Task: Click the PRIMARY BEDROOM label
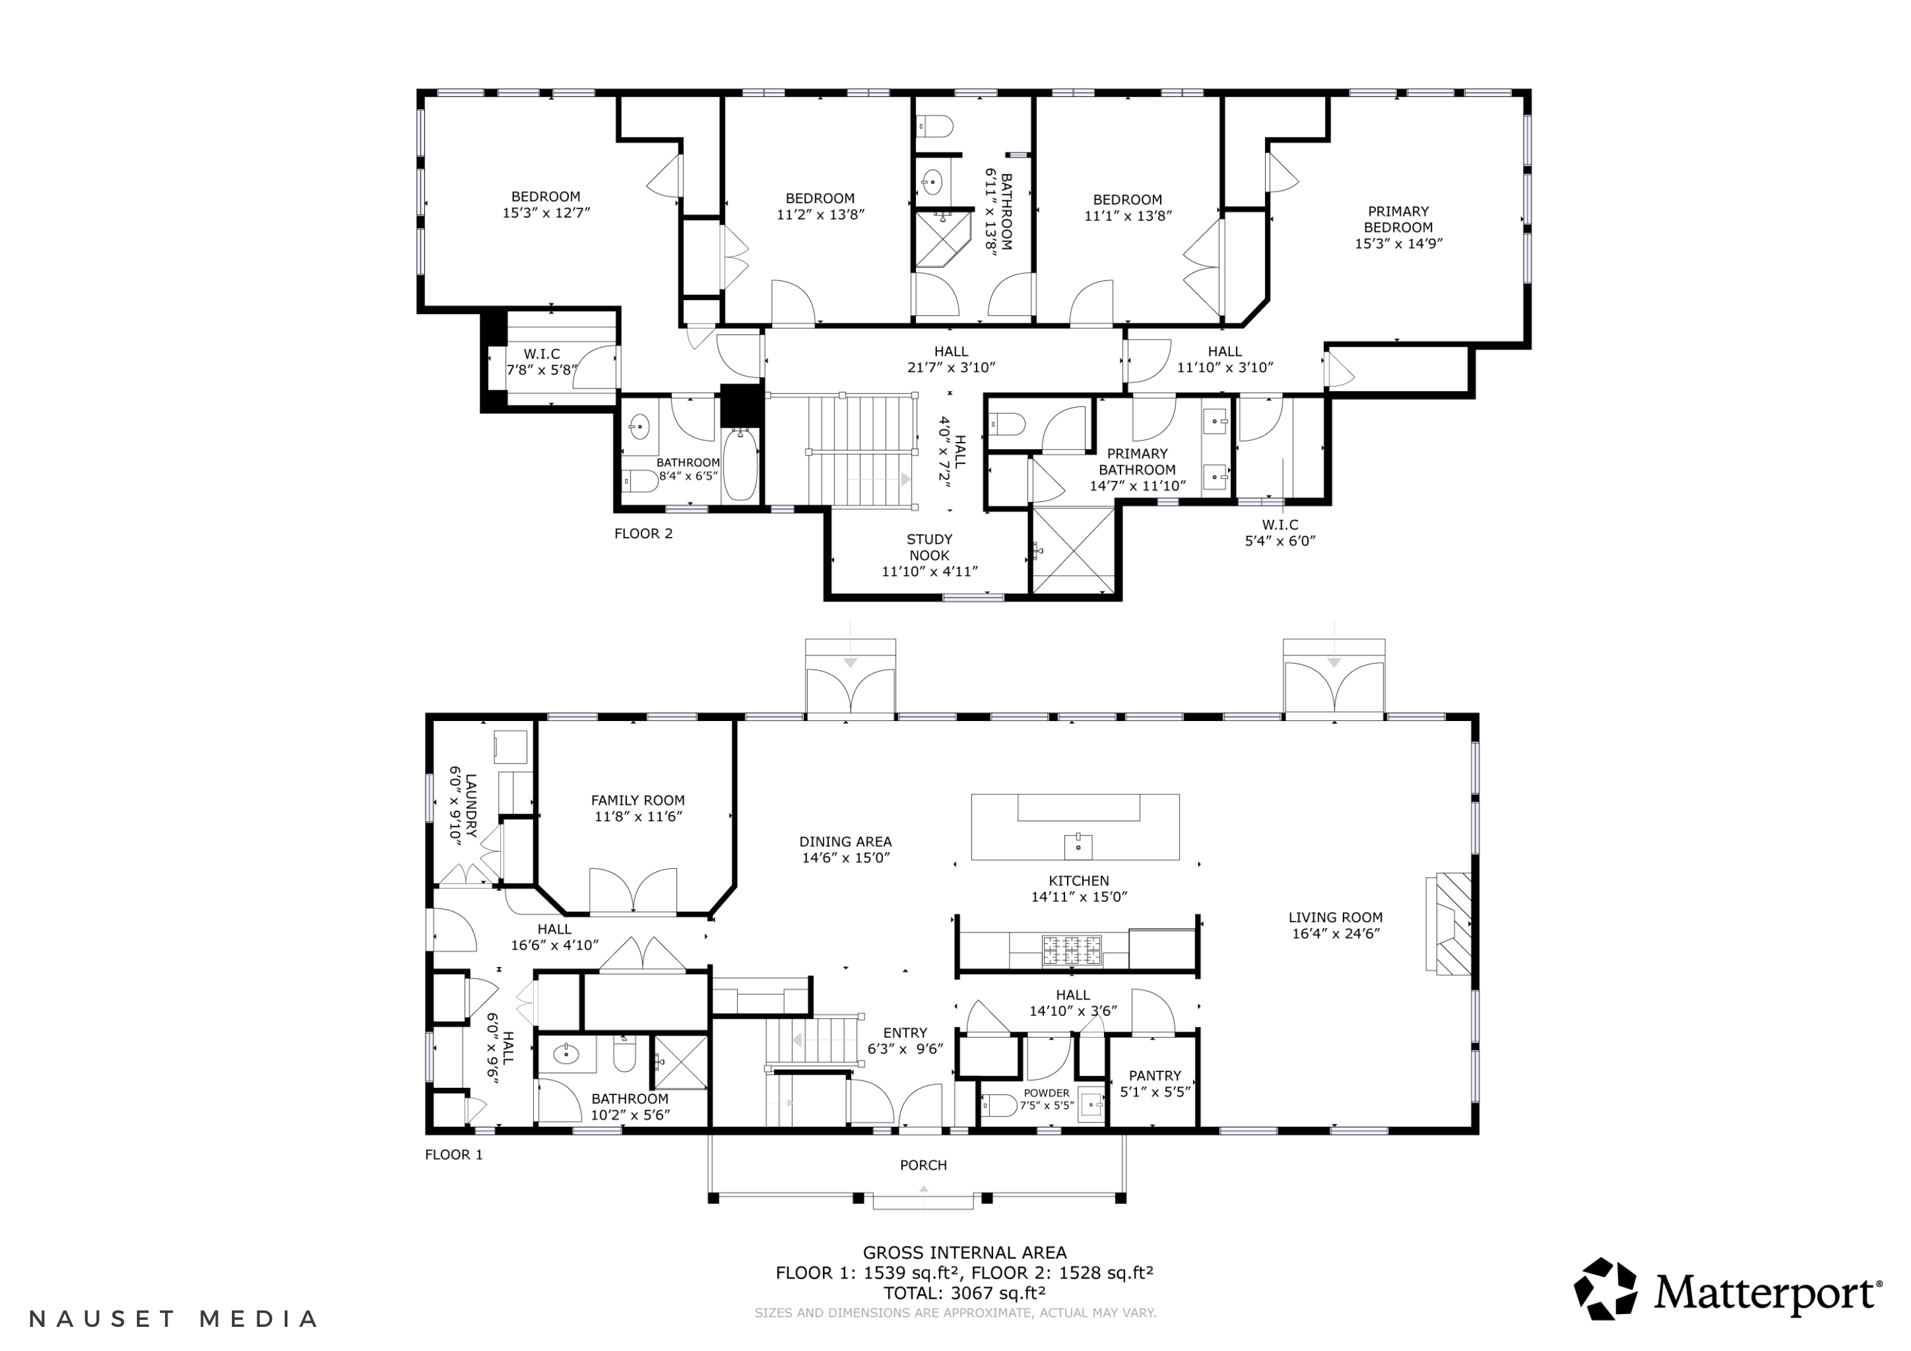[1398, 219]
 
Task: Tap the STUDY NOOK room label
[929, 547]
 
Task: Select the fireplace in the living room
[1449, 922]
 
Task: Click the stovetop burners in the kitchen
[1072, 950]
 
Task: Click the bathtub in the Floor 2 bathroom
[740, 464]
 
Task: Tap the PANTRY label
[1156, 1075]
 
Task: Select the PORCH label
[924, 1164]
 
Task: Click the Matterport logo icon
[1605, 1289]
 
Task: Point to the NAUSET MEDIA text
[174, 1319]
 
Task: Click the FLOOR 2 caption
[643, 534]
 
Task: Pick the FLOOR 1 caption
[454, 1155]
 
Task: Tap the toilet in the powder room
[999, 1105]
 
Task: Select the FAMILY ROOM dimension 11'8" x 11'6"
[638, 817]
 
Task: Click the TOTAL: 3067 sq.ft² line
[964, 1293]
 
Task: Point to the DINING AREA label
[846, 841]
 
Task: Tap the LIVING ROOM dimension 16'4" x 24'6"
[1336, 933]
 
